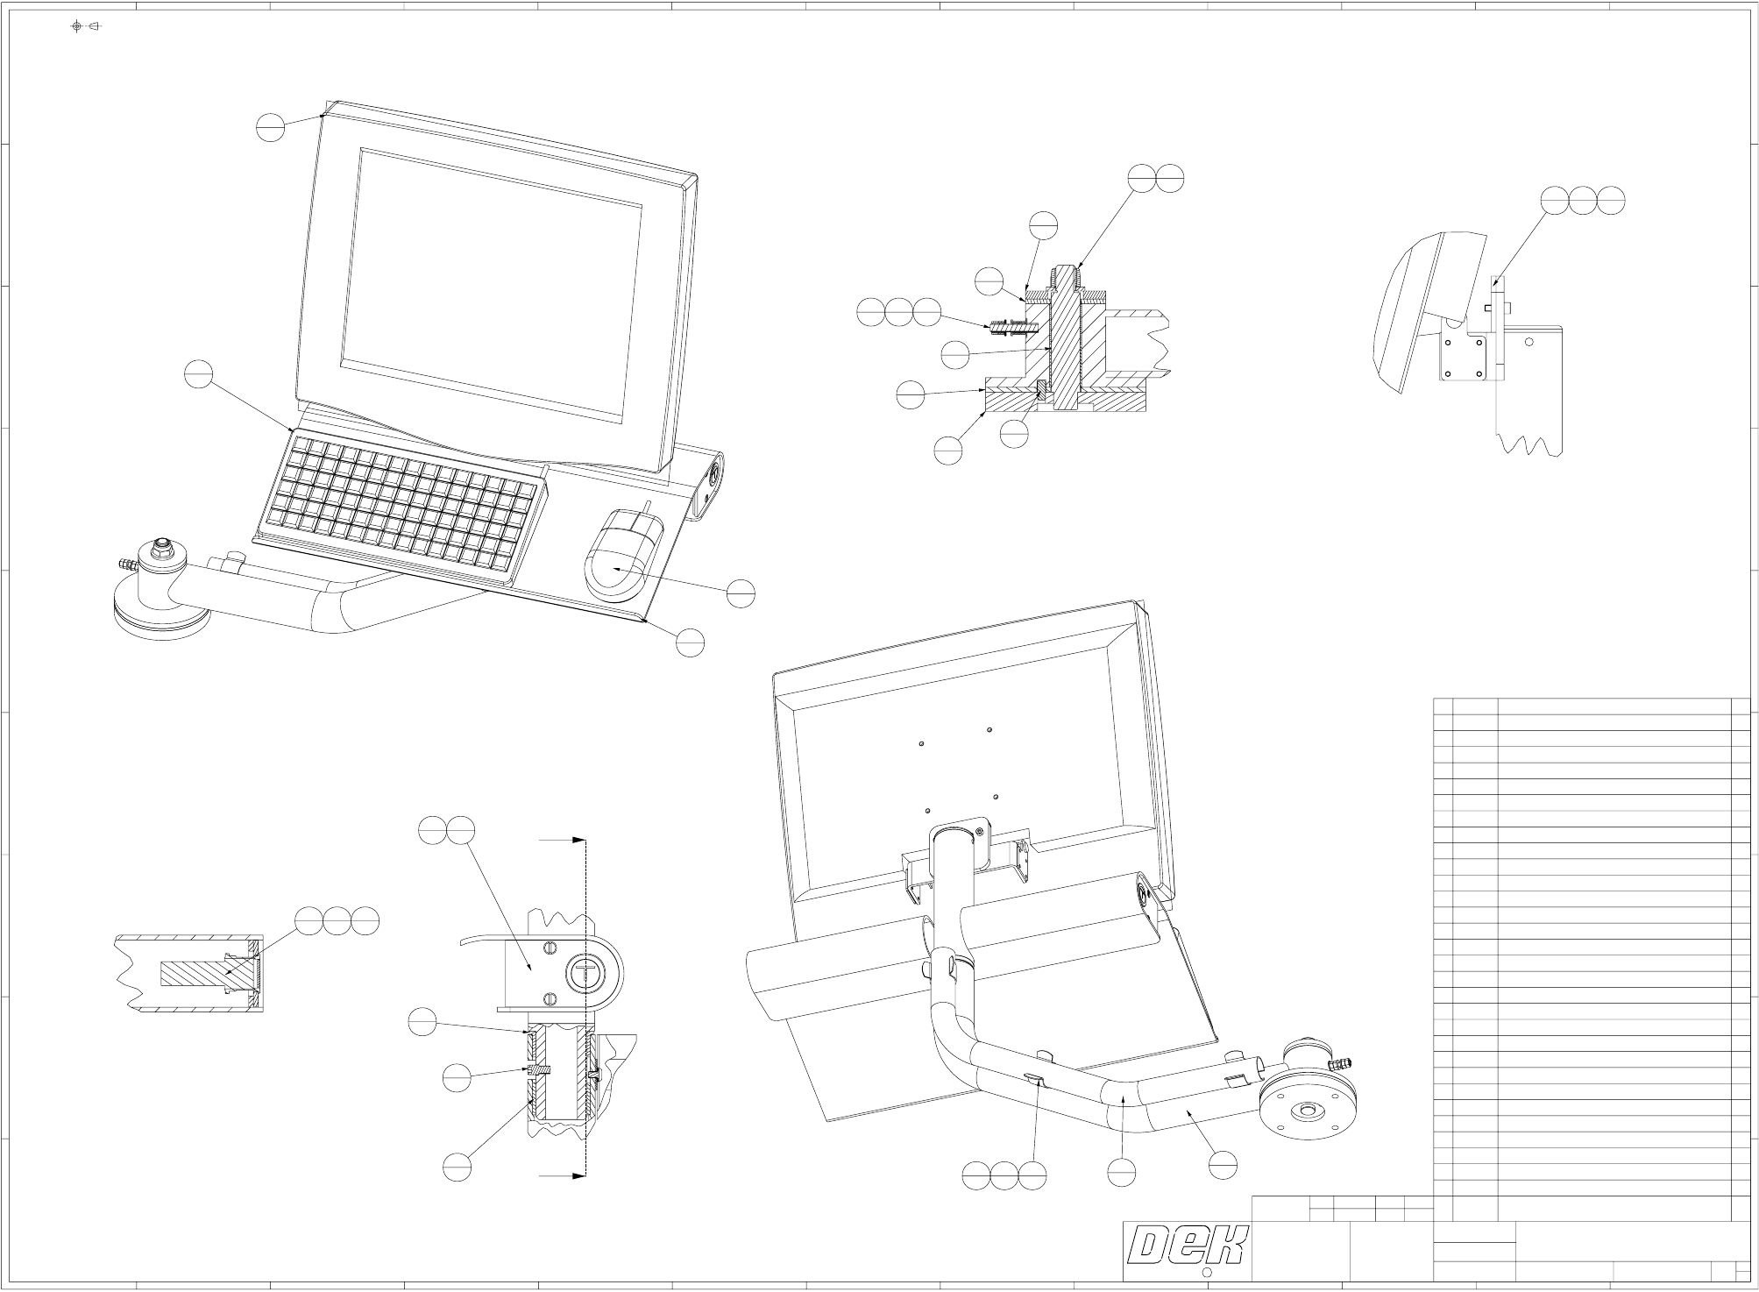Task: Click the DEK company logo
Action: point(1187,1245)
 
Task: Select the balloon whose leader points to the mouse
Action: point(741,593)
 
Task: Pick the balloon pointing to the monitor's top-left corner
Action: point(271,128)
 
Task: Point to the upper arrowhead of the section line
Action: point(578,839)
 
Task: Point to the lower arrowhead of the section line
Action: point(578,1175)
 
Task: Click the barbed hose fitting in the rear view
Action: point(1339,1064)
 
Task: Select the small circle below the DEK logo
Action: point(1207,1273)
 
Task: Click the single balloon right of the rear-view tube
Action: point(1223,1164)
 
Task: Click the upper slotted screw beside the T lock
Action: point(551,948)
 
